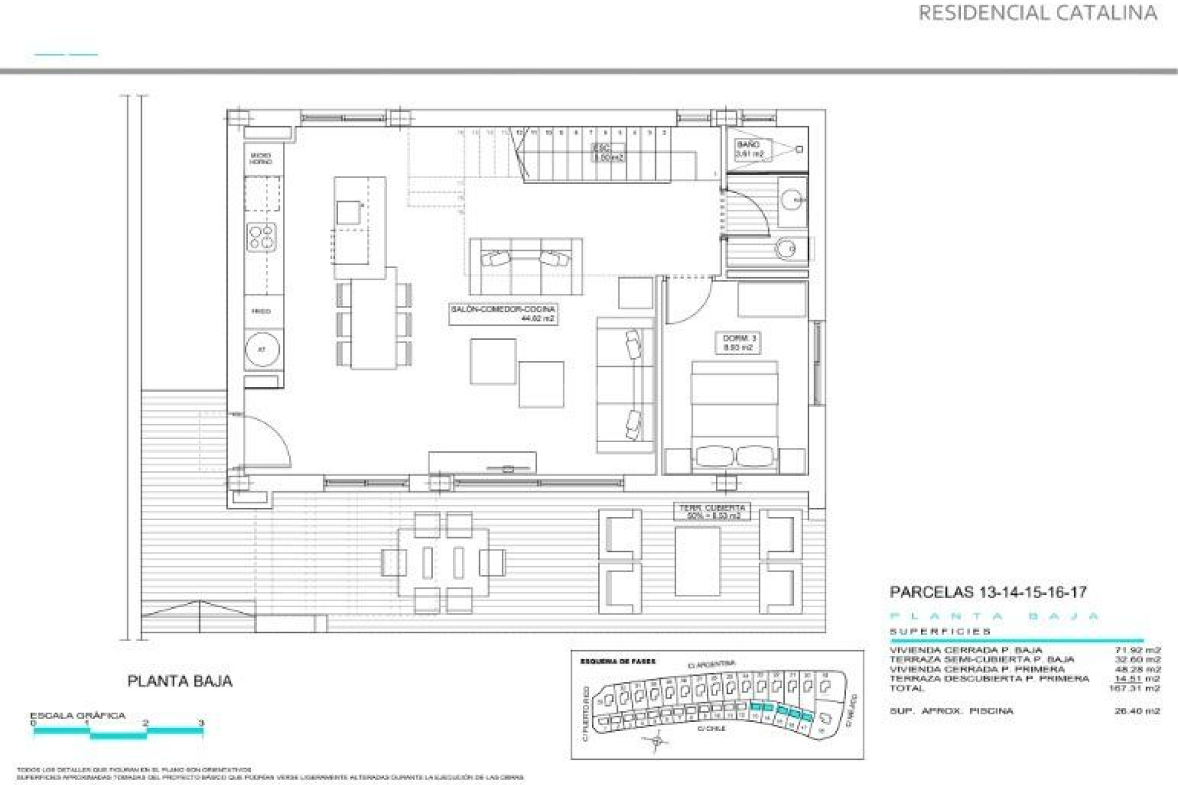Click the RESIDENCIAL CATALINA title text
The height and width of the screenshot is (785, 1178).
point(1037,13)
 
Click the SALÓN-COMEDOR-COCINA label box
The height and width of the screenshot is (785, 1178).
point(502,314)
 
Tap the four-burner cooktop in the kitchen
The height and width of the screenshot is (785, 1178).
point(261,237)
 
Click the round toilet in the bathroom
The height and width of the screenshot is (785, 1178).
point(785,248)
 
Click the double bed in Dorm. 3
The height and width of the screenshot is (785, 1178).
point(734,417)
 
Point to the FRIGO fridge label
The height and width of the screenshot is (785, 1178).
point(261,312)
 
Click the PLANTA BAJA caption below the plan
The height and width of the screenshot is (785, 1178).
point(180,681)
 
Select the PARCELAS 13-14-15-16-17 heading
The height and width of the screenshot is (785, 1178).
point(988,592)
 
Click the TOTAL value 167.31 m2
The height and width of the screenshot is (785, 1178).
point(1134,688)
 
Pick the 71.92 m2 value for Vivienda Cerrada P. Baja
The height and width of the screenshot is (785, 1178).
point(1137,649)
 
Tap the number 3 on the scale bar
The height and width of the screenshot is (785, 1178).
point(201,723)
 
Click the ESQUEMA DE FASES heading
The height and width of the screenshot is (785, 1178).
point(617,662)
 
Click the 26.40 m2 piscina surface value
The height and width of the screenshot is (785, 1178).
point(1137,711)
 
